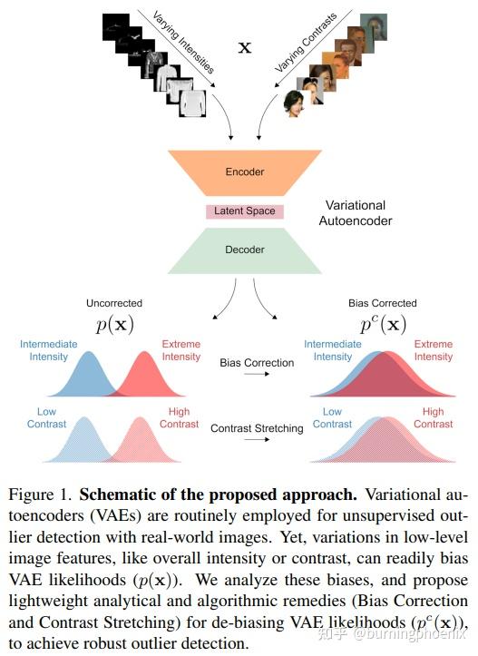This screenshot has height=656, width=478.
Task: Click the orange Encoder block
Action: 244,171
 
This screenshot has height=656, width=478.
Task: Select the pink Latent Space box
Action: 244,211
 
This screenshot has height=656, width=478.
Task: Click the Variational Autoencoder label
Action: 355,212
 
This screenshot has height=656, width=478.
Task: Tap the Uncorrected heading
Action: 113,303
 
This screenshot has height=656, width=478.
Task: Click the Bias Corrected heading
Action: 382,303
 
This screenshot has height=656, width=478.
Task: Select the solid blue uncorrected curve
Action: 88,377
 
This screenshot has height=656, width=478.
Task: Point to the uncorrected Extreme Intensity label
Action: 180,350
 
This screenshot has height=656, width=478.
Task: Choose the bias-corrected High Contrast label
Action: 433,417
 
